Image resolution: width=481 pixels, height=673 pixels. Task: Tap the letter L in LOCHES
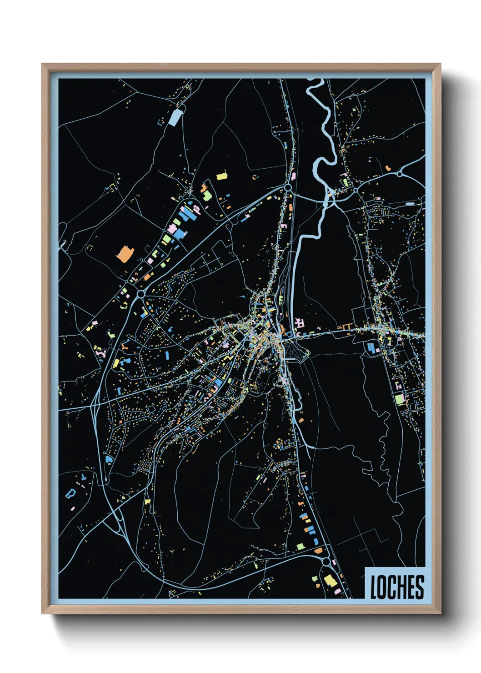[x=373, y=587]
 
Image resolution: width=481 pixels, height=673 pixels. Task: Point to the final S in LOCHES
[x=420, y=587]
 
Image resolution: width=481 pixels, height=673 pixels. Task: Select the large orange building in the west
[x=124, y=254]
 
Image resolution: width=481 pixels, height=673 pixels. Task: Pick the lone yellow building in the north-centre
[x=221, y=176]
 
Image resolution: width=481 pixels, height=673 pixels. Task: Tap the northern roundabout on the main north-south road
[x=288, y=187]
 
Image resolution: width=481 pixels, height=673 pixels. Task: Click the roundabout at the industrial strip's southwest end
[x=141, y=294]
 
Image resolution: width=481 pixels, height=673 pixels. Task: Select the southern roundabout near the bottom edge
[x=326, y=562]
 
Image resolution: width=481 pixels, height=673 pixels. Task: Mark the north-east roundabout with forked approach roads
[x=399, y=174]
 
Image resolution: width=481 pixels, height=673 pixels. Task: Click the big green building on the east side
[x=399, y=399]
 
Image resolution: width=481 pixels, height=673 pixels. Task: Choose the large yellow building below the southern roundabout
[x=329, y=581]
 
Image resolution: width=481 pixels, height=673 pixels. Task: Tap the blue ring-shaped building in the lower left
[x=70, y=493]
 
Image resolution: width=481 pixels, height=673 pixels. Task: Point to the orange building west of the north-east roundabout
[x=387, y=168]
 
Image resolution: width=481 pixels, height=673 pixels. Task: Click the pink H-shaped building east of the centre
[x=300, y=323]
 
